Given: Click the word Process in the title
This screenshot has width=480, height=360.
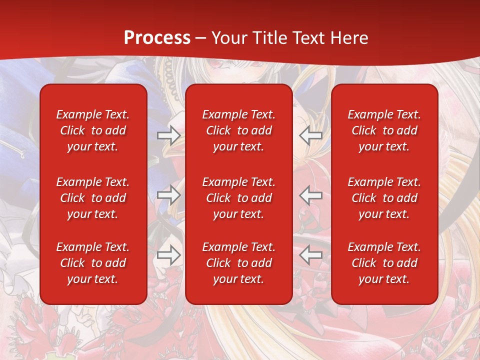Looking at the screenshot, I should [157, 38].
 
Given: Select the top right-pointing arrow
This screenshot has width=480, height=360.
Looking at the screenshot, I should [168, 135].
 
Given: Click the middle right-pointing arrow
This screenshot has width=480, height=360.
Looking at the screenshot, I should [168, 195].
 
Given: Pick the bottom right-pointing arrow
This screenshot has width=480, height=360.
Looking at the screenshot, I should [168, 255].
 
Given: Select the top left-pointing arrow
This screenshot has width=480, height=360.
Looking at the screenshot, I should [310, 135].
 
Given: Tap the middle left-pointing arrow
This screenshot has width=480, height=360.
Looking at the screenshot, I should [310, 195].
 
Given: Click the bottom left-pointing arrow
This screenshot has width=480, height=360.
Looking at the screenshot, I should [310, 255].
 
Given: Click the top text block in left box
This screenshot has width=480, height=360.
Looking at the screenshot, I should [93, 130].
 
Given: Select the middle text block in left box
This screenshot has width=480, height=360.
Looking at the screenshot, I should [93, 198].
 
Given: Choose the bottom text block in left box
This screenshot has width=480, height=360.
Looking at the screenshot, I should [93, 263].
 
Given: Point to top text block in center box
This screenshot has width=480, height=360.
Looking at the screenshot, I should [238, 130].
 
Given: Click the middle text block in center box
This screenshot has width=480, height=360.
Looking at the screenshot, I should [238, 198].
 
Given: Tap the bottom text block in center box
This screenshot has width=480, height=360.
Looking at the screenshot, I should [238, 263].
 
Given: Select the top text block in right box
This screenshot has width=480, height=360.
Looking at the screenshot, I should [384, 130].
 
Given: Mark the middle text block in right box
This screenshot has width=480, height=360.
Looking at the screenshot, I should [384, 198].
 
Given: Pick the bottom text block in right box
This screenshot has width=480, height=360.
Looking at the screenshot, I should [384, 263].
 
